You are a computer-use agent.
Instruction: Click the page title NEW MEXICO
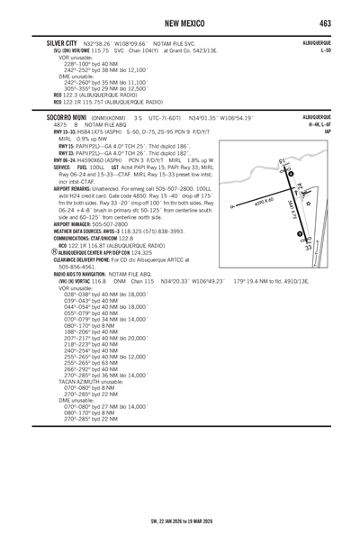pos(179,20)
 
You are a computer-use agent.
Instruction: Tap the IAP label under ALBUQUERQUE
pos(327,131)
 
